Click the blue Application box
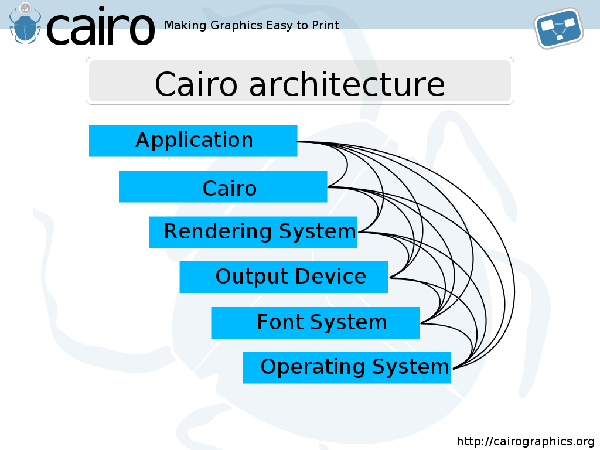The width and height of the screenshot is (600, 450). pyautogui.click(x=193, y=141)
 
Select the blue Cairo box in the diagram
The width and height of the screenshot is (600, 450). pyautogui.click(x=223, y=187)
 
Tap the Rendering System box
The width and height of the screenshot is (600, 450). pyautogui.click(x=253, y=232)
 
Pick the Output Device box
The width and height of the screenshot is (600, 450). pyautogui.click(x=284, y=277)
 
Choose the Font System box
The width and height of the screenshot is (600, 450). pyautogui.click(x=315, y=323)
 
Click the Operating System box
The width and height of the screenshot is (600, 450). pyautogui.click(x=347, y=367)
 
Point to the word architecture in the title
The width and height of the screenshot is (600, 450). pyautogui.click(x=347, y=84)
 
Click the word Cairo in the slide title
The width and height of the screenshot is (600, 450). pyautogui.click(x=196, y=84)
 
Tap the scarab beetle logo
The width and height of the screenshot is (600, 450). pyautogui.click(x=25, y=23)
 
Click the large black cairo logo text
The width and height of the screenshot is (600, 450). pyautogui.click(x=101, y=26)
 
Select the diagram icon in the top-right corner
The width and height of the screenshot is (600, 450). pyautogui.click(x=558, y=28)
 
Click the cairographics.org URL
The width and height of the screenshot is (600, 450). pyautogui.click(x=526, y=441)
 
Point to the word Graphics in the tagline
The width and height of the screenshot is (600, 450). pyautogui.click(x=237, y=25)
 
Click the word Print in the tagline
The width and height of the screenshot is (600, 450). pyautogui.click(x=326, y=25)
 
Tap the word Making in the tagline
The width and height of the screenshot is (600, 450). pyautogui.click(x=186, y=25)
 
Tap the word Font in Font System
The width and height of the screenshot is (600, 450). pyautogui.click(x=281, y=322)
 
